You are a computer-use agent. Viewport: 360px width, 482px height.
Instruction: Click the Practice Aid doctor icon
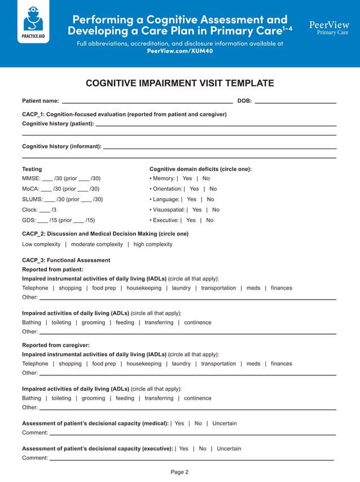coord(33,21)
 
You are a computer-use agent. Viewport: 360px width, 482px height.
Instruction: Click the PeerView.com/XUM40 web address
coord(180,51)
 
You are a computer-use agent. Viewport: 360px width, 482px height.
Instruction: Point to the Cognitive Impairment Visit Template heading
coord(179,84)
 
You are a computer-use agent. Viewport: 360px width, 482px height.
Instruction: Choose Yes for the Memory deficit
coord(187,179)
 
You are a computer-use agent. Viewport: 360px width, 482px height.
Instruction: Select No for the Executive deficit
coord(209,220)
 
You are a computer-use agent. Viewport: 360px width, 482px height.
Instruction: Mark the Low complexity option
coord(41,244)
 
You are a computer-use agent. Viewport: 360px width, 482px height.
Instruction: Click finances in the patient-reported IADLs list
coord(281,288)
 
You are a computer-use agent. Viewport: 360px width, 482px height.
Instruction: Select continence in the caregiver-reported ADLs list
coord(197,398)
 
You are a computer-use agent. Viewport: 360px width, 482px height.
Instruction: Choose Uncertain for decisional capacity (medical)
coord(224,423)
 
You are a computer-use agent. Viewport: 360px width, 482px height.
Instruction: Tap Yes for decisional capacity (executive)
coord(183,449)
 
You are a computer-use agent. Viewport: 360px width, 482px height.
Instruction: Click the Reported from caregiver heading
coord(56,345)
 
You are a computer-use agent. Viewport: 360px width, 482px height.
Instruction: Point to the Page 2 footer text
coord(179,472)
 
